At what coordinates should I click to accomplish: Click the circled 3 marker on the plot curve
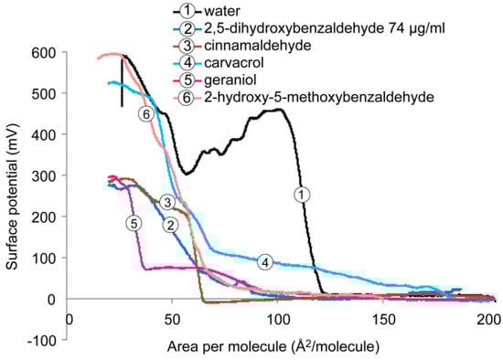click(167, 202)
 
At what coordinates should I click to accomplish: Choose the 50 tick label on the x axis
click(176, 319)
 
